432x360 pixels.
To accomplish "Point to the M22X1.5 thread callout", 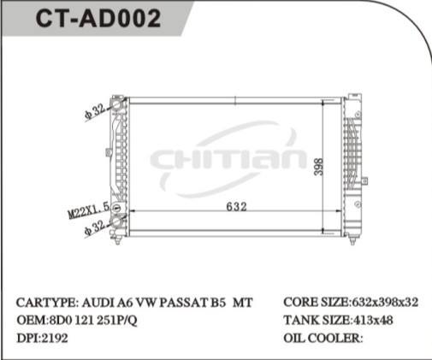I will tap(89, 209).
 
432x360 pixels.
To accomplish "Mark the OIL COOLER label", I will tap(323, 337).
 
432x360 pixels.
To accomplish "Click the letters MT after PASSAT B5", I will tap(244, 304).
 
